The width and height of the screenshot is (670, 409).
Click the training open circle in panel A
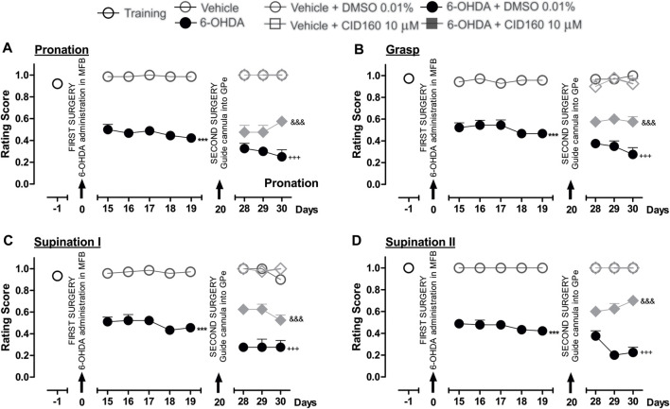pos(57,84)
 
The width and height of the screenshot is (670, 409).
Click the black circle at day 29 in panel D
pos(613,355)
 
